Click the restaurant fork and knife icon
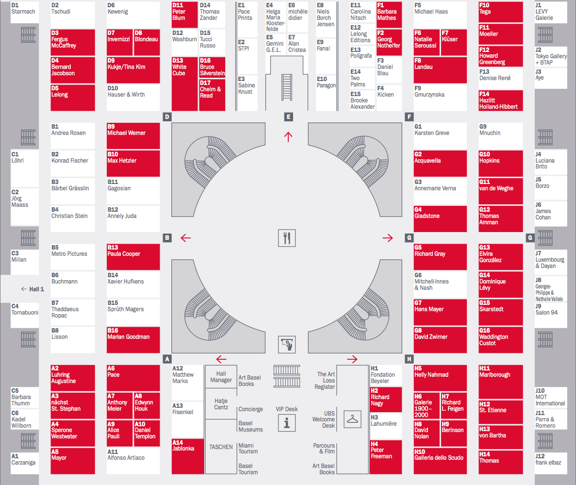[x=287, y=237]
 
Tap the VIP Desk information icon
[x=287, y=423]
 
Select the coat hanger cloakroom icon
[x=352, y=418]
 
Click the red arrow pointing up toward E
[x=289, y=136]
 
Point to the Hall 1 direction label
[x=33, y=289]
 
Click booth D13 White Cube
[x=184, y=84]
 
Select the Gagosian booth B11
[x=133, y=191]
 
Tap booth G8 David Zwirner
[x=440, y=340]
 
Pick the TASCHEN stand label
[x=221, y=447]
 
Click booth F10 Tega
[x=500, y=12]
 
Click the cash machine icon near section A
[x=287, y=344]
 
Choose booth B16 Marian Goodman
[x=133, y=340]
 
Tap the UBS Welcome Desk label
[x=323, y=419]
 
